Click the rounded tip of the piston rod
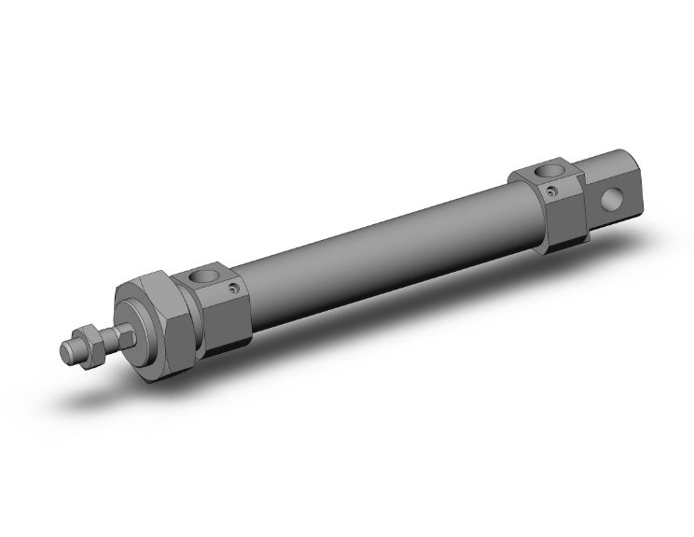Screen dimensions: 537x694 67,352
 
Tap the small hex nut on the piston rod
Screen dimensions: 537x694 90,343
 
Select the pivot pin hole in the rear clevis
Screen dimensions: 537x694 614,199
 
